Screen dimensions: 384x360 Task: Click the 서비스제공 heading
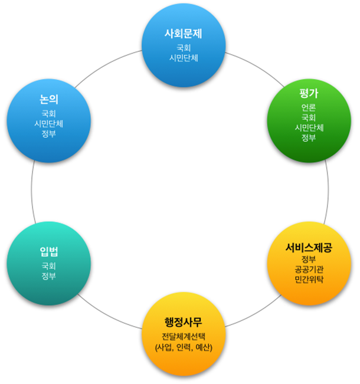[x=309, y=247]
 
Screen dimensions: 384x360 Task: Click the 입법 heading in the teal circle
[x=49, y=252]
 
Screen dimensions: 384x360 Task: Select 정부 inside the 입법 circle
[x=49, y=276]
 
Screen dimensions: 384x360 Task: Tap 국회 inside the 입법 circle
[x=49, y=266]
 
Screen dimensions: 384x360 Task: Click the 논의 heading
[x=49, y=99]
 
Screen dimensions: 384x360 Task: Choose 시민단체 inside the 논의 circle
[x=49, y=124]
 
